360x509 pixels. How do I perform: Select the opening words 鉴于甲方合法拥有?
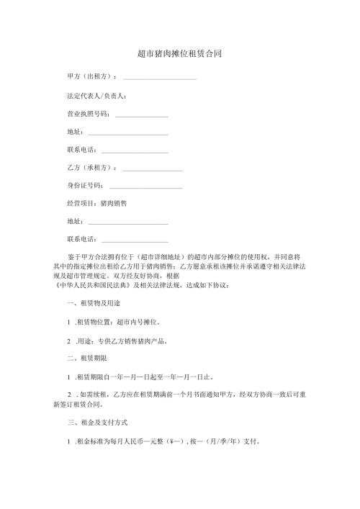(x=97, y=256)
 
